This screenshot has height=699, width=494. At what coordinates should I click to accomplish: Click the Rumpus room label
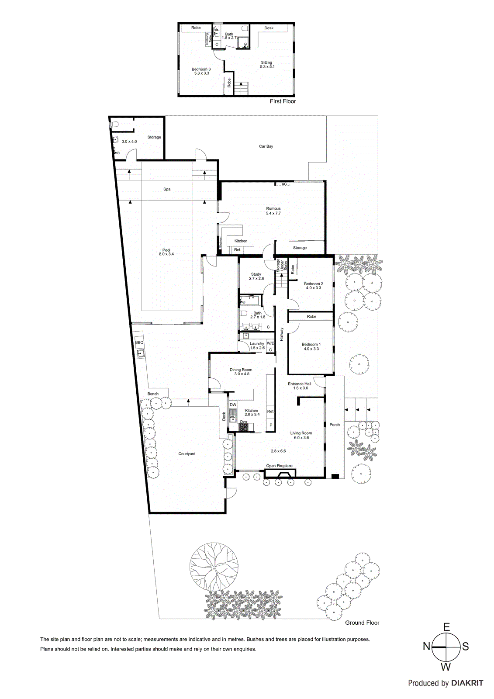273,211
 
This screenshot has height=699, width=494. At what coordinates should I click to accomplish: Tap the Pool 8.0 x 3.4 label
166,252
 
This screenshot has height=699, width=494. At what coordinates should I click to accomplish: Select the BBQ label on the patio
139,343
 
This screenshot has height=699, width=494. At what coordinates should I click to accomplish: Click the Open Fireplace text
280,466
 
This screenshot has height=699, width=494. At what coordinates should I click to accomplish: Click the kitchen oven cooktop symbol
243,427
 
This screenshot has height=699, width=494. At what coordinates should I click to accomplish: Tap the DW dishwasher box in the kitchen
233,405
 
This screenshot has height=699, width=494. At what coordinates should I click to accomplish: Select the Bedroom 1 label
311,346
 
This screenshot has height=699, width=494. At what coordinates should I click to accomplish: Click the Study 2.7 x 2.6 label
256,276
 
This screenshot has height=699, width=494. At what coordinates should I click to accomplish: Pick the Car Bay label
266,146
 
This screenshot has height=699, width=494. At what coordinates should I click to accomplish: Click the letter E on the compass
446,627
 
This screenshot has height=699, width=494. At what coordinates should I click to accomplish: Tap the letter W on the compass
446,667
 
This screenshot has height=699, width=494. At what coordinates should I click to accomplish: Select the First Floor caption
283,101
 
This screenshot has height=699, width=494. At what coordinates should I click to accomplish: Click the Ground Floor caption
362,623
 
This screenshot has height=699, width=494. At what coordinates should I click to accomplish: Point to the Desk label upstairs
269,28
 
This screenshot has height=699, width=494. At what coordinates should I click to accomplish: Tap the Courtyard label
187,454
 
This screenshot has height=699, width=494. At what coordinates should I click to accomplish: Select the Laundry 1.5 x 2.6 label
257,346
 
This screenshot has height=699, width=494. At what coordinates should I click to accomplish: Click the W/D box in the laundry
270,343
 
